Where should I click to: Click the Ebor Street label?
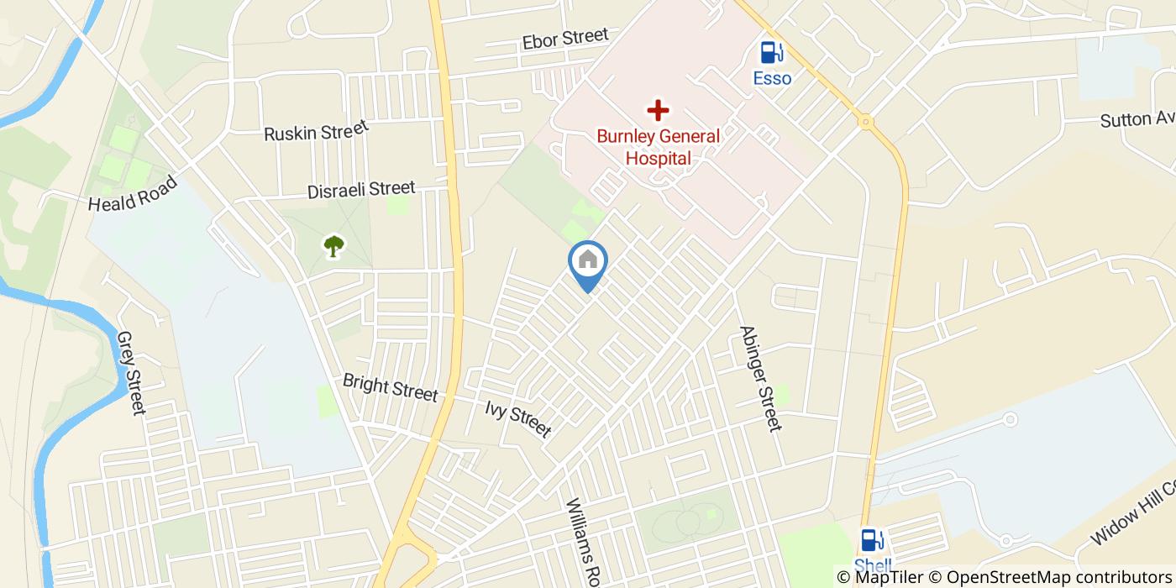tap(564, 39)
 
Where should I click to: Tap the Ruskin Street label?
tap(316, 131)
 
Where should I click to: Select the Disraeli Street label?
tap(361, 189)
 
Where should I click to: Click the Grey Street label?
tap(132, 372)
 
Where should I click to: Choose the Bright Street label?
tap(390, 387)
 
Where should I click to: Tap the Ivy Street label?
tap(517, 418)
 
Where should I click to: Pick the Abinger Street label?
tap(761, 378)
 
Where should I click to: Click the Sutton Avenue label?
tap(1137, 118)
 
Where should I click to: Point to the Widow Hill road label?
tap(1134, 512)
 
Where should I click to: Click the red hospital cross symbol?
tap(658, 110)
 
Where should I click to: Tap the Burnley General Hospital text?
tap(658, 147)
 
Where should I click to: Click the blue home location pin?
tap(588, 262)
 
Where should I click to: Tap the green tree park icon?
tap(334, 246)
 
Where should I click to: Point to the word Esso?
tap(771, 78)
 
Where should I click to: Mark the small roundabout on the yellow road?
tap(865, 122)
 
